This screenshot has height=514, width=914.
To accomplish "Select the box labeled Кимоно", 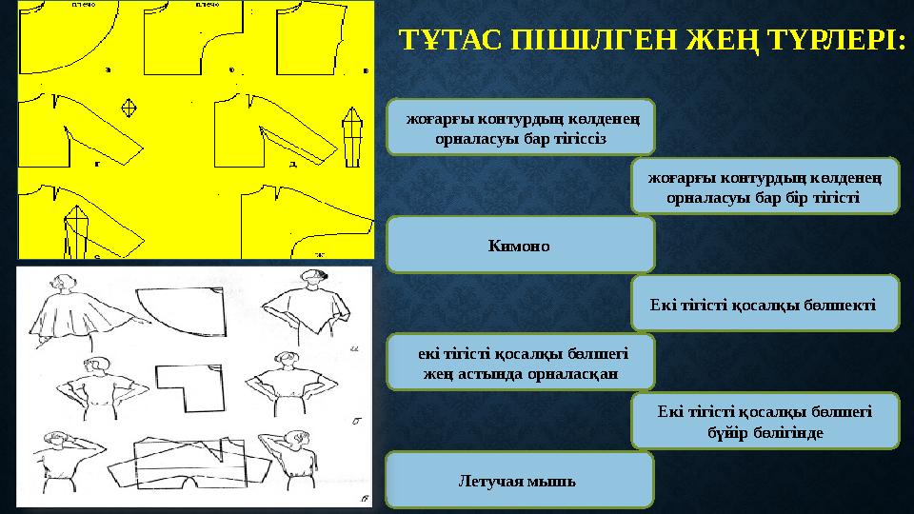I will pyautogui.click(x=521, y=245).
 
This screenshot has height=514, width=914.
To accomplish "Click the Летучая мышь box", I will pyautogui.click(x=520, y=479).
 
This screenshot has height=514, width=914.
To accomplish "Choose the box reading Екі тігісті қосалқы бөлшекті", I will pyautogui.click(x=765, y=303).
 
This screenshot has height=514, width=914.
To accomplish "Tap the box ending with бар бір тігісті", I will pyautogui.click(x=765, y=186).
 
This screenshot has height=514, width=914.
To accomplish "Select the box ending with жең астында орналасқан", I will pyautogui.click(x=521, y=362).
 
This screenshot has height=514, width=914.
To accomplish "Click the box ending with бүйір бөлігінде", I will pyautogui.click(x=765, y=421).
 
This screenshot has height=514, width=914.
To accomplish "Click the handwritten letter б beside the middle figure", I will pyautogui.click(x=355, y=419).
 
